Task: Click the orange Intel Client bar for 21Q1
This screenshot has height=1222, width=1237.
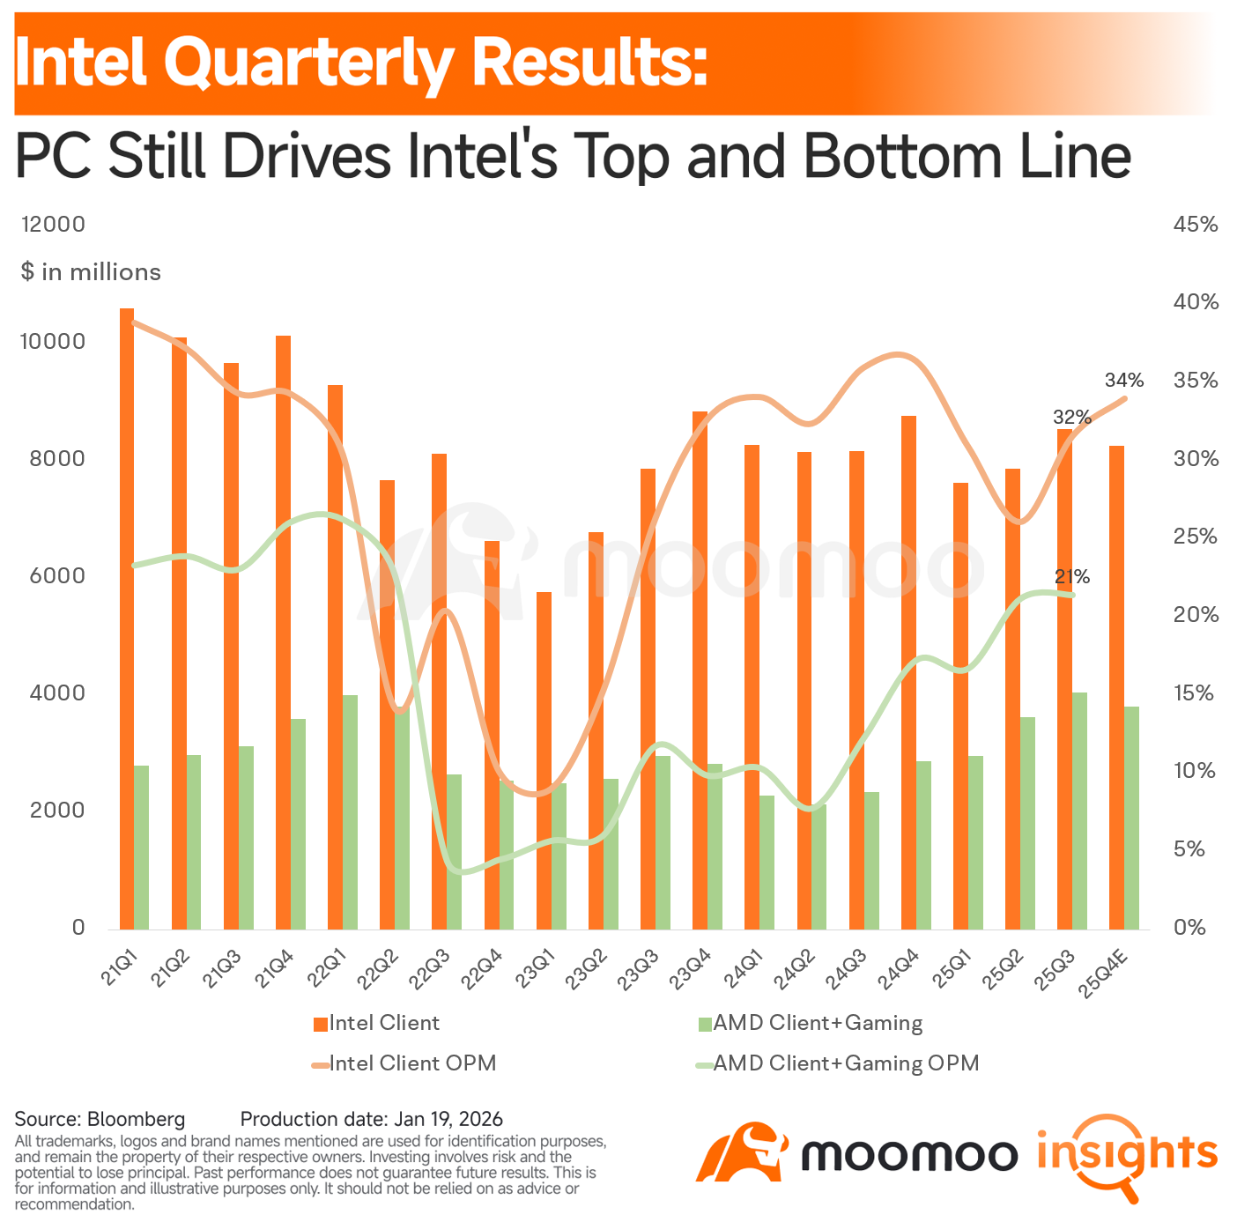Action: click(x=127, y=618)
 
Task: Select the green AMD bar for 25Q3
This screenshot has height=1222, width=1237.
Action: click(x=1079, y=811)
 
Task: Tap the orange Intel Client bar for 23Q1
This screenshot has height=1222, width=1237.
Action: click(x=544, y=760)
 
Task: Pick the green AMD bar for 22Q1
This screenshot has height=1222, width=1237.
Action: click(x=350, y=811)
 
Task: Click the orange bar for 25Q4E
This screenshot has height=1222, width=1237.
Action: click(x=1116, y=687)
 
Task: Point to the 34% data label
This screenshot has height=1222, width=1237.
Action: click(x=1123, y=380)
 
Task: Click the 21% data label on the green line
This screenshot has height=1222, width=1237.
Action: click(x=1071, y=577)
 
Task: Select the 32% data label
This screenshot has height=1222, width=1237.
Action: click(x=1071, y=417)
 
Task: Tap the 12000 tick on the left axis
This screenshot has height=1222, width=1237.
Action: click(x=53, y=224)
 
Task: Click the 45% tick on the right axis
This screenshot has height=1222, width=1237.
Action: click(x=1196, y=224)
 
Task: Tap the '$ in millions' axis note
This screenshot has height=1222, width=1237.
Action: click(x=91, y=271)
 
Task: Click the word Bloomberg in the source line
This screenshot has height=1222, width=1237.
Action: click(x=136, y=1119)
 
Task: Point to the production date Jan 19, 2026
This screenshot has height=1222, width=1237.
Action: click(x=448, y=1119)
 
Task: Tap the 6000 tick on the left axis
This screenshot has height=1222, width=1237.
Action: click(x=57, y=575)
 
